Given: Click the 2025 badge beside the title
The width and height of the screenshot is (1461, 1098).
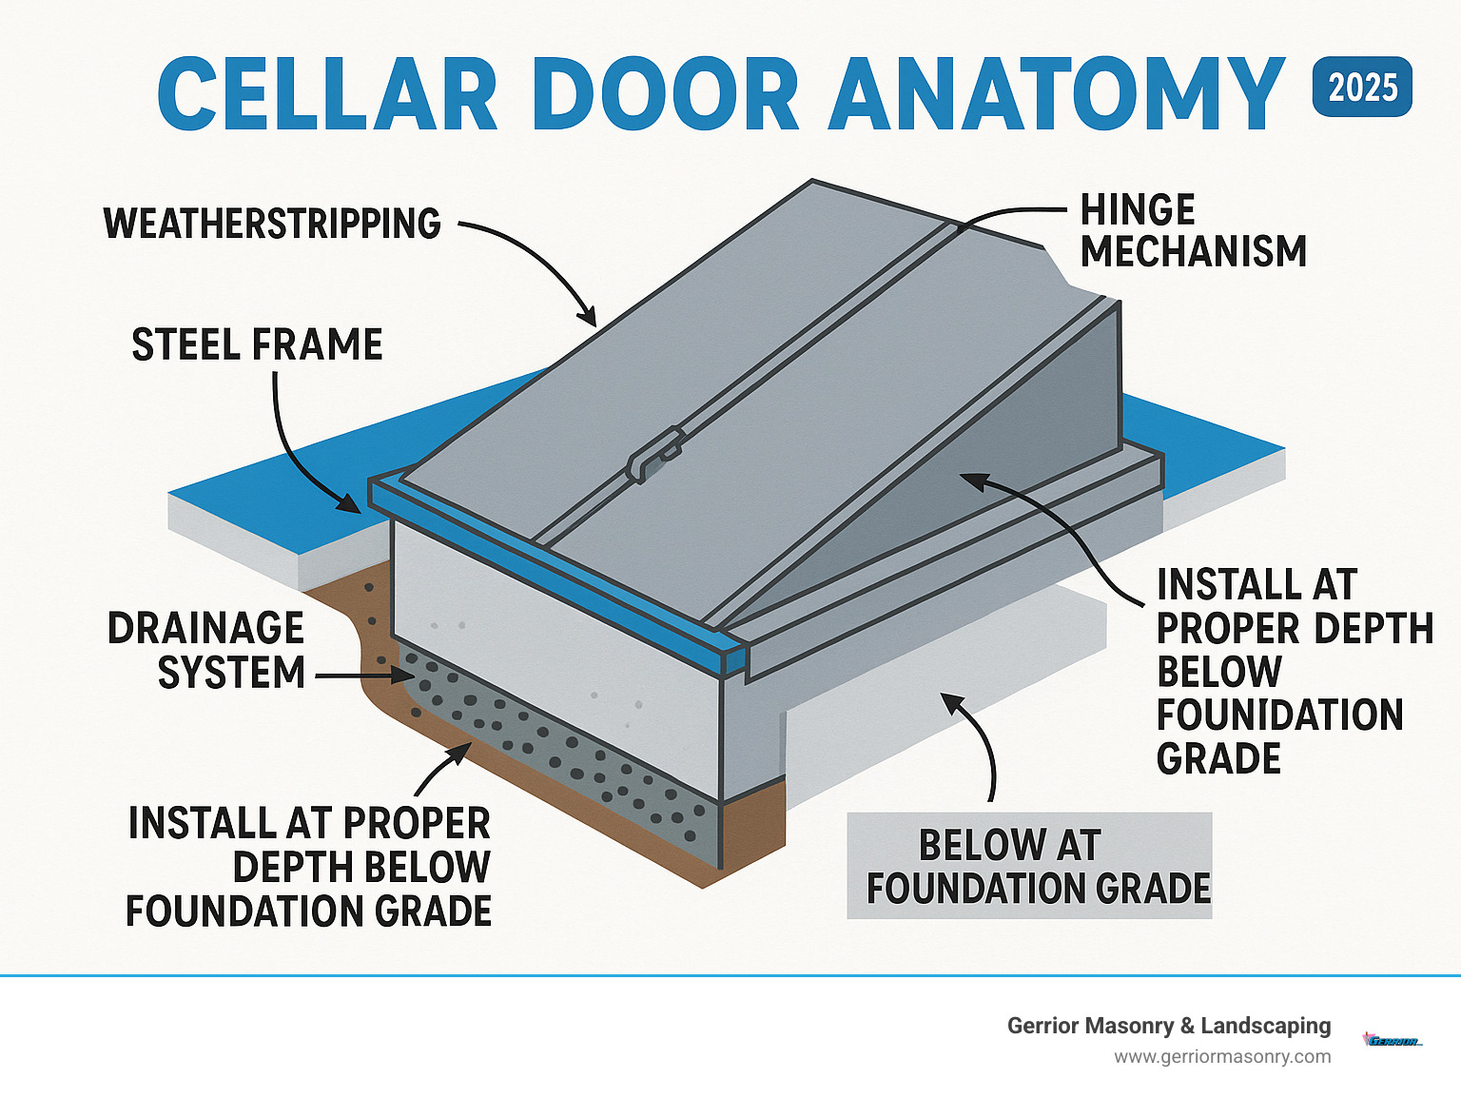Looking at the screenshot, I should (x=1361, y=88).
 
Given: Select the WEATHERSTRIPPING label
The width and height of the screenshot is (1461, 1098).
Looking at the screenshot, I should (x=272, y=224).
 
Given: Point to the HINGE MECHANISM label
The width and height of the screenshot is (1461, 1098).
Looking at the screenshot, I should (x=1193, y=231).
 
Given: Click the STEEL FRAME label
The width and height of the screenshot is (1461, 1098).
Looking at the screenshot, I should (x=257, y=344).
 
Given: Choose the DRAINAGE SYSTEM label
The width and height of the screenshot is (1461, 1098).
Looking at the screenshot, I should (x=207, y=651).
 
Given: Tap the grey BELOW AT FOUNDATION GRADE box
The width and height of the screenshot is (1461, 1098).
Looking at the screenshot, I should (x=1029, y=866).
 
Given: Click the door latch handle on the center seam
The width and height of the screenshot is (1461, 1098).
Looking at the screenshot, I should (x=655, y=454).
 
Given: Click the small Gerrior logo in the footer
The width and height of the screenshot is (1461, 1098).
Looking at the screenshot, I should (x=1392, y=1041).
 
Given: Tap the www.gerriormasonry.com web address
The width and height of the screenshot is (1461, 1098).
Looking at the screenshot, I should (x=1222, y=1057).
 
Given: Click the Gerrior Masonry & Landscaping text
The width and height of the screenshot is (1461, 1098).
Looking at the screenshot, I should (x=1168, y=1026).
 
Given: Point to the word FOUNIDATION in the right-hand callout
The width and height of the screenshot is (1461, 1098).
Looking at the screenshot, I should (x=1279, y=715).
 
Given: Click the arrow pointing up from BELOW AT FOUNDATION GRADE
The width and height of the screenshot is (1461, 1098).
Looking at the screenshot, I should (x=980, y=742).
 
